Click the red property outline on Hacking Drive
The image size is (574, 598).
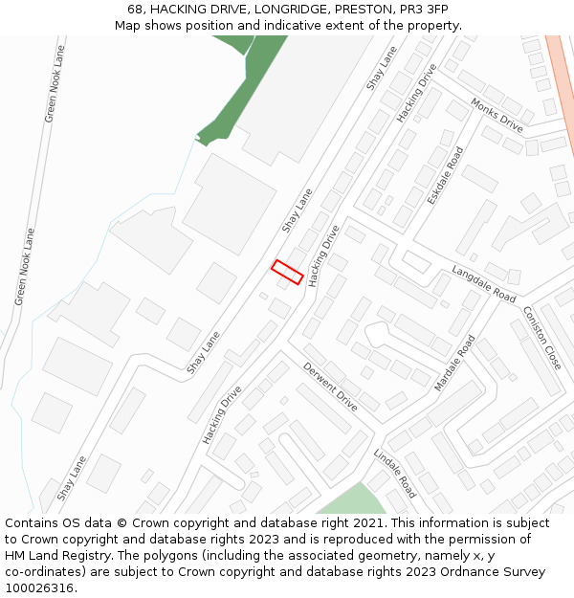287,272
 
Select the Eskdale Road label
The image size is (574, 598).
445,174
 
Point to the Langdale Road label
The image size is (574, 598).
483,284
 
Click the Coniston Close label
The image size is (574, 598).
541,338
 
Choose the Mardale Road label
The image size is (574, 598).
454,364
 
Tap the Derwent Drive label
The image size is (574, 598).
330,387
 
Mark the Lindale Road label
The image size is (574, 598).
394,473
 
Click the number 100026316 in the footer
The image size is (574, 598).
39,588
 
